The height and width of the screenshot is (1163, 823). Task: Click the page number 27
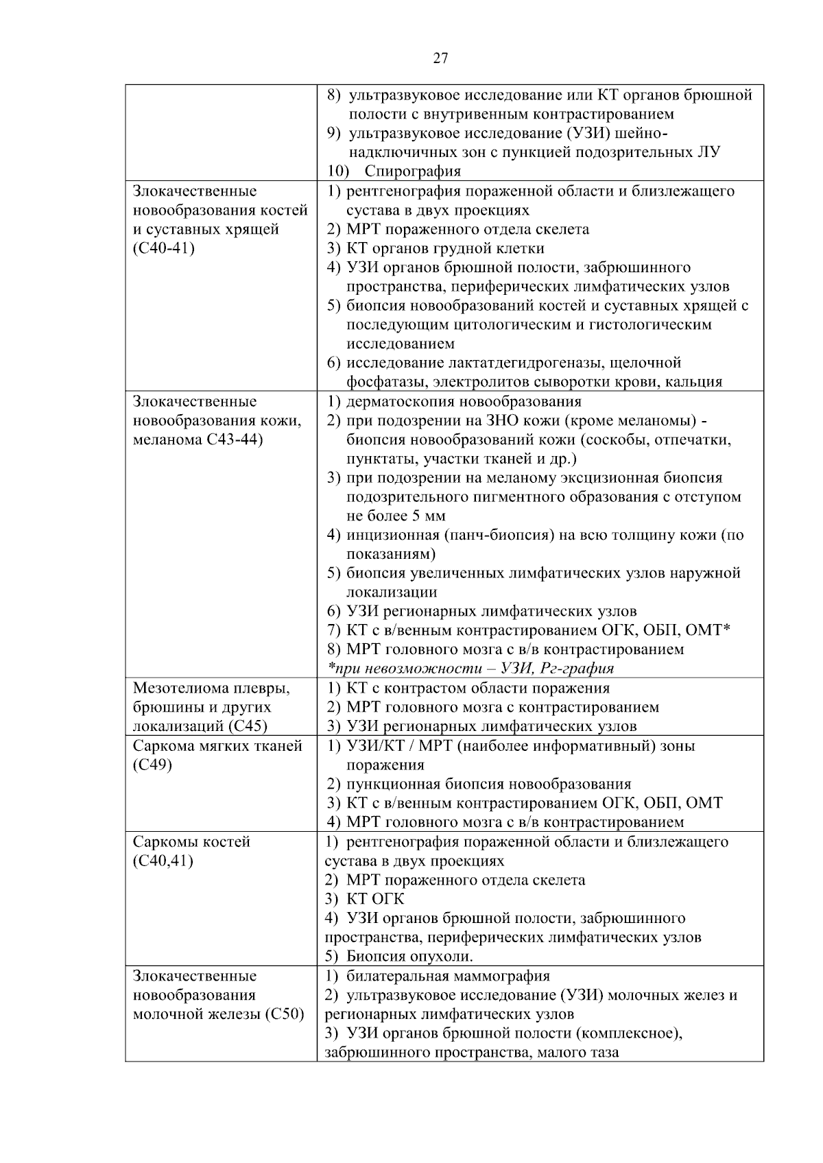(440, 58)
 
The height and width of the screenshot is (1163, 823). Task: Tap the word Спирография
(413, 171)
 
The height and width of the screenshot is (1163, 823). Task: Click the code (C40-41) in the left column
(164, 248)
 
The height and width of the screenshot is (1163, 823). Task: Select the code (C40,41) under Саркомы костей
(163, 861)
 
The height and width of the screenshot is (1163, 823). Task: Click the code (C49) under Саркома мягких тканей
(152, 765)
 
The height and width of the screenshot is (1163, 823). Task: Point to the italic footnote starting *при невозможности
(470, 668)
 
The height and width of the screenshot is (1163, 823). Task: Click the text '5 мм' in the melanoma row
(431, 516)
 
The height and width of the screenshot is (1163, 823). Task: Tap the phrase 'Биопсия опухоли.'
(410, 957)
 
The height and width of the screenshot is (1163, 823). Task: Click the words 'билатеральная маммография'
(449, 976)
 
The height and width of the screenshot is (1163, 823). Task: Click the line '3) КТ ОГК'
(365, 899)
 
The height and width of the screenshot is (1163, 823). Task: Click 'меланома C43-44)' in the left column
(198, 440)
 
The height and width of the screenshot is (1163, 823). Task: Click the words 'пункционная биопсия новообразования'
(488, 784)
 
